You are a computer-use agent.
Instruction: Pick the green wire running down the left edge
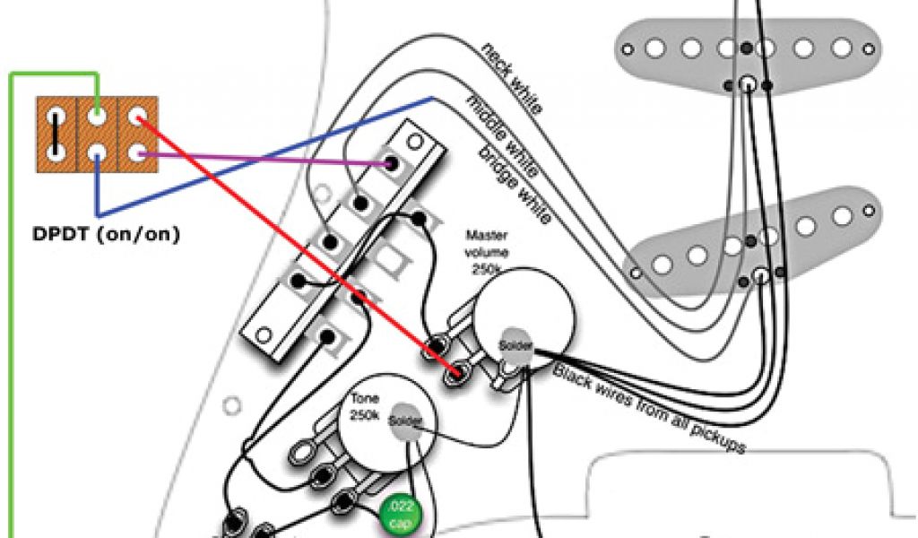coord(12,314)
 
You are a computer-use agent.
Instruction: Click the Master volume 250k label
coord(489,251)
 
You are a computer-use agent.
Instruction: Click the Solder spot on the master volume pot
coord(515,346)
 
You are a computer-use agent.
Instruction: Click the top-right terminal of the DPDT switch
coord(135,117)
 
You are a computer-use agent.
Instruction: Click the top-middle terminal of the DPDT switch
coord(96,117)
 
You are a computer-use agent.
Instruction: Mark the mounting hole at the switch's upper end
coord(413,142)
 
